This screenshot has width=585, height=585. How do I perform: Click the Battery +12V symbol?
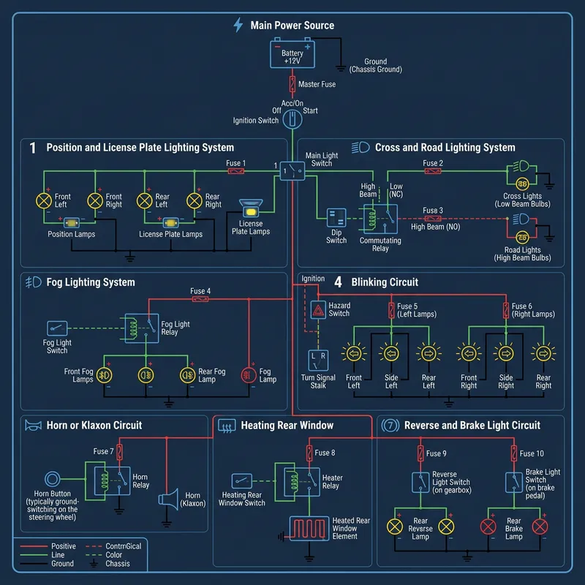pyautogui.click(x=292, y=54)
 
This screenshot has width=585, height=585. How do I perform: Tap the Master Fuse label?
pyautogui.click(x=317, y=85)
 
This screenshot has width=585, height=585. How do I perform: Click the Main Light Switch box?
pyautogui.click(x=292, y=171)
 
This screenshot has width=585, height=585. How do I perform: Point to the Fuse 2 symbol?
pyautogui.click(x=433, y=172)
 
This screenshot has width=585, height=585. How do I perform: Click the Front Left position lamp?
pyautogui.click(x=44, y=200)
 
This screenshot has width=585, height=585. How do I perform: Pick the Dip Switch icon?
pyautogui.click(x=336, y=218)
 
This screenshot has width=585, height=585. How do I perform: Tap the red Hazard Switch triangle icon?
pyautogui.click(x=318, y=310)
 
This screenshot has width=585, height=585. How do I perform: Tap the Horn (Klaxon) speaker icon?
pyautogui.click(x=169, y=500)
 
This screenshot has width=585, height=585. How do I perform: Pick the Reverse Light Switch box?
pyautogui.click(x=420, y=482)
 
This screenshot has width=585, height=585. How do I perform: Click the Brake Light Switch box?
pyautogui.click(x=514, y=482)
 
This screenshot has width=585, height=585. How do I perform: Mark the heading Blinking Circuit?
pyautogui.click(x=385, y=282)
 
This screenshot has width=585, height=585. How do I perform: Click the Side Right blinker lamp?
pyautogui.click(x=505, y=354)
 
